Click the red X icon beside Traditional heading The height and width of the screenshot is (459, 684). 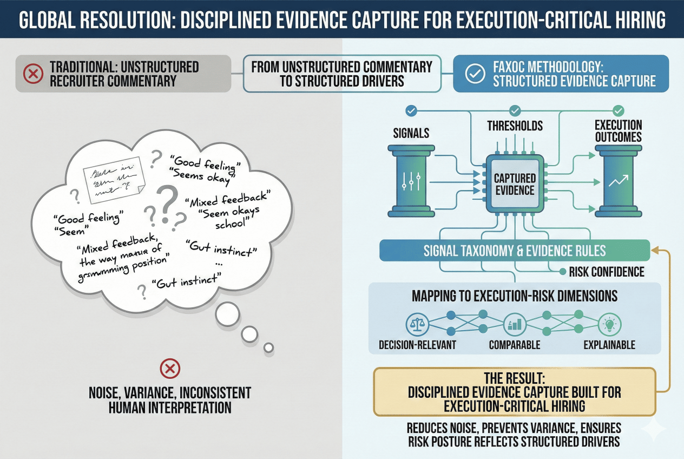click(34, 74)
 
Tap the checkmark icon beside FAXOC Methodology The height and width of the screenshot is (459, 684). click(475, 74)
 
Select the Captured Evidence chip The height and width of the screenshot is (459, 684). click(515, 184)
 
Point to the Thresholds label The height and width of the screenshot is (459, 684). click(515, 126)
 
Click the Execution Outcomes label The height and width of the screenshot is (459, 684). click(619, 131)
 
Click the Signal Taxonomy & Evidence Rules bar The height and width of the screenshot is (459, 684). click(514, 251)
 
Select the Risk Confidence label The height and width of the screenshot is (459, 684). click(606, 272)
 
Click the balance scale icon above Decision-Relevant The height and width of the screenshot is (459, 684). click(417, 324)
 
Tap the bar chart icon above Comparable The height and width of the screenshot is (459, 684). click(515, 325)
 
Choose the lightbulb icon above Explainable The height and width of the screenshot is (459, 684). click(609, 324)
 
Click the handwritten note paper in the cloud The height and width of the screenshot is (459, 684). click(112, 175)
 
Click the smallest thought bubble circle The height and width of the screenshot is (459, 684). click(268, 347)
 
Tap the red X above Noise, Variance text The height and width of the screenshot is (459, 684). click(170, 369)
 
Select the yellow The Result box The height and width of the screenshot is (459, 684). click(515, 391)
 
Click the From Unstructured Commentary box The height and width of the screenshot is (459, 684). click(342, 74)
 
